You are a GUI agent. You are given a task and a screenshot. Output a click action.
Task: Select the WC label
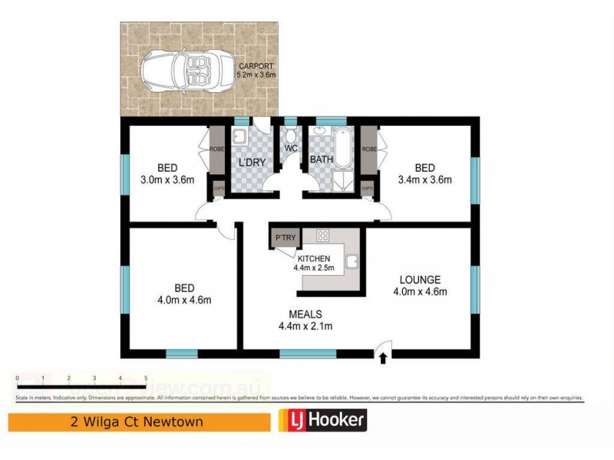click(291, 147)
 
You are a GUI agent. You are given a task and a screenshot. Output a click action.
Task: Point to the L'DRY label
click(251, 163)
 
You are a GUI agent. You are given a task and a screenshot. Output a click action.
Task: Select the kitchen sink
click(353, 262)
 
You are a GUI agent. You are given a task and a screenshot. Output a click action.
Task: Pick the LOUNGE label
click(419, 279)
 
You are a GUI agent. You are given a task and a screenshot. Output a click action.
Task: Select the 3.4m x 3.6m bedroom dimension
click(426, 180)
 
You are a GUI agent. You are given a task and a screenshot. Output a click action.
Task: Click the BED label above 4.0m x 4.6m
click(184, 287)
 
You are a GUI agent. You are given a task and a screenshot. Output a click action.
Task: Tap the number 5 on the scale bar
click(146, 379)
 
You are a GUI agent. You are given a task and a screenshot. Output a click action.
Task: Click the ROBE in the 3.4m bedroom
click(368, 149)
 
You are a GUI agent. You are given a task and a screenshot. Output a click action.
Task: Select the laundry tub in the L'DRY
click(239, 138)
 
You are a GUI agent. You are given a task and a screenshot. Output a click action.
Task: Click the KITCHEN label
click(315, 258)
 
